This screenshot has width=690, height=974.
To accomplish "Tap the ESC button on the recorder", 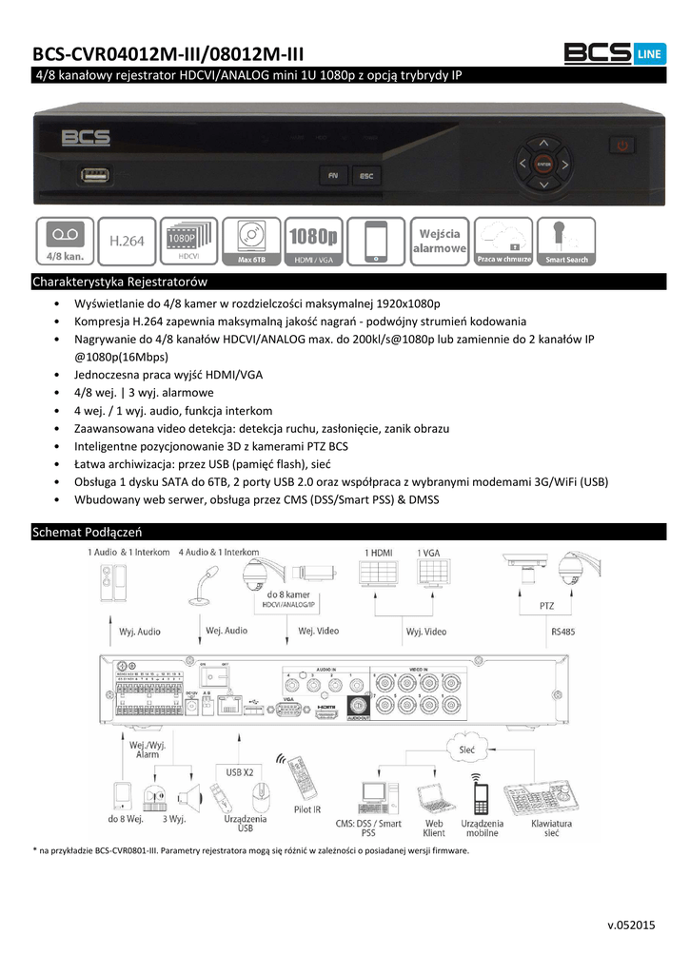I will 365,176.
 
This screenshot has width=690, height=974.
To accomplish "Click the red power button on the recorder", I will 623,146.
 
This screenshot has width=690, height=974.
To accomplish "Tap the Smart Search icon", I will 566,242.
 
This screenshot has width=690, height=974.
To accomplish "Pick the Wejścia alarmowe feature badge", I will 439,242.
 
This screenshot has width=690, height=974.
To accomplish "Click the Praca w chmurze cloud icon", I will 504,242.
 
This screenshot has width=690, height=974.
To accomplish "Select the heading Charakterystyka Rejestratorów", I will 120,282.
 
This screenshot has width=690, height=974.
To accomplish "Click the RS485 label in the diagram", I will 562,630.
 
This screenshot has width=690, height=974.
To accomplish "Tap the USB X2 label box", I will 239,771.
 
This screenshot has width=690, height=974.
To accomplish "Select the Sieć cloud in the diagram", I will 465,750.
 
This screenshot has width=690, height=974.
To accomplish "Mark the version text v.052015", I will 631,925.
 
